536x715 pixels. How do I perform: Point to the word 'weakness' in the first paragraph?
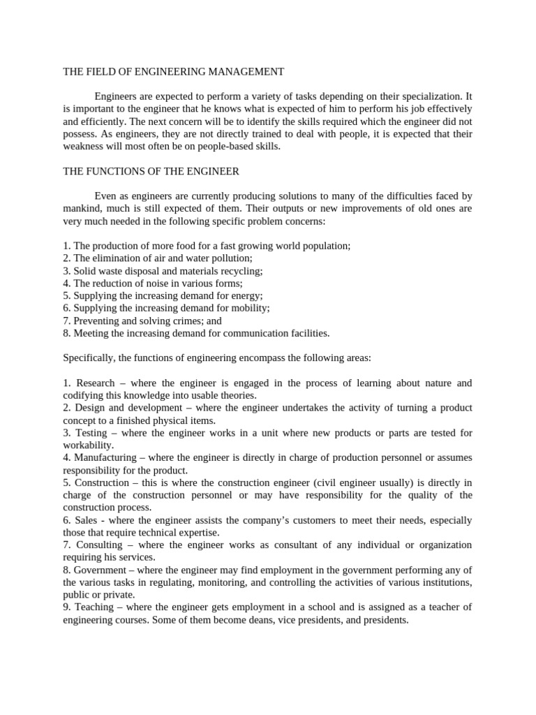point(83,146)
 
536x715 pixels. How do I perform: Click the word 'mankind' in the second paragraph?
point(83,208)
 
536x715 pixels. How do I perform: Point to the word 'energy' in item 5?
point(247,296)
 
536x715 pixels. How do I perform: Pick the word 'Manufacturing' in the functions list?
point(105,457)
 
